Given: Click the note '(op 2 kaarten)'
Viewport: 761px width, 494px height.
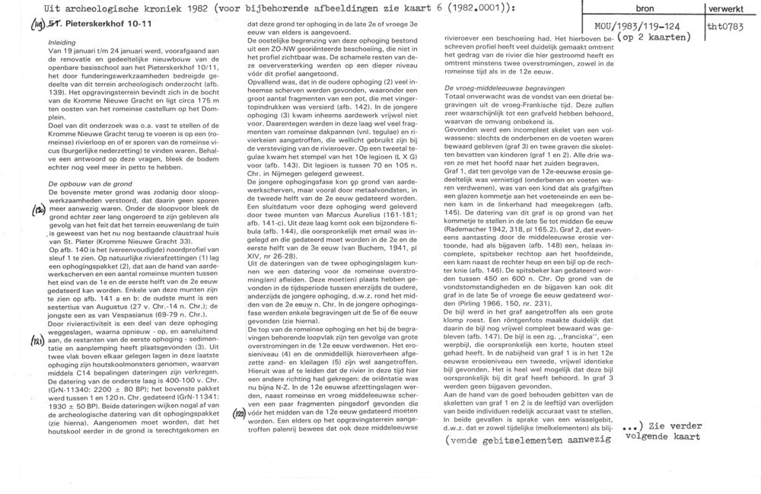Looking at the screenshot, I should pyautogui.click(x=654, y=37).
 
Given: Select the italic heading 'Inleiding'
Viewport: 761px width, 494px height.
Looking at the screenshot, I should pyautogui.click(x=62, y=42).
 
